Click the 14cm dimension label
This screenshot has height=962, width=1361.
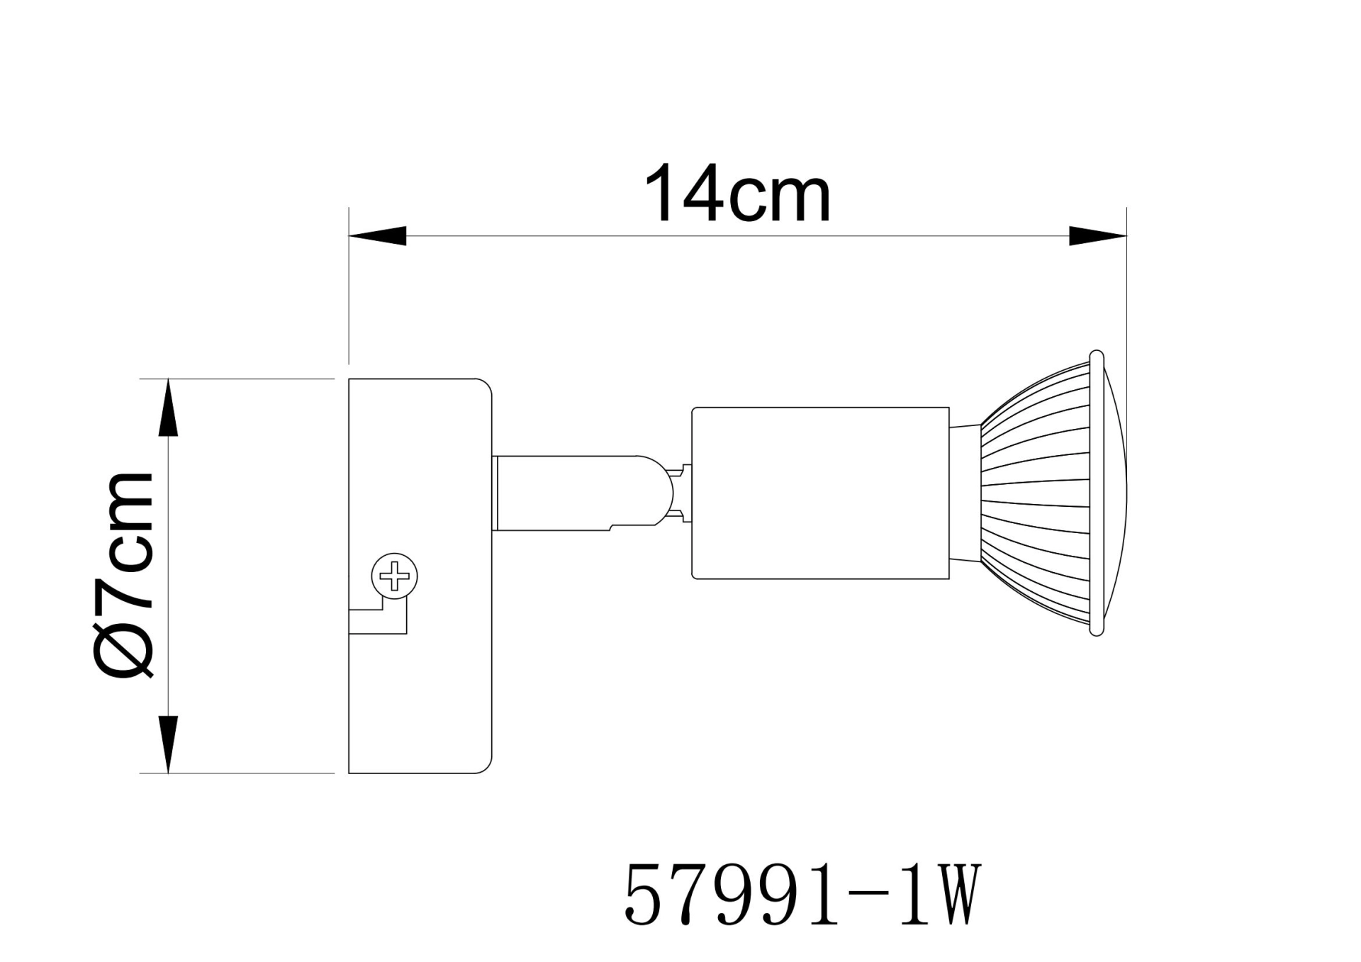[x=737, y=194]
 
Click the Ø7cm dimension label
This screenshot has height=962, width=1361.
[x=124, y=574]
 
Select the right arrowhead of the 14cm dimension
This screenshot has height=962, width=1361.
[x=1097, y=236]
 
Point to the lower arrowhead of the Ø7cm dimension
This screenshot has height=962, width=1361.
[x=168, y=744]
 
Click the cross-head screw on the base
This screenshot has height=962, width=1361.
[x=395, y=576]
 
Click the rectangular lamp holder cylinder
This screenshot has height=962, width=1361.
[x=820, y=493]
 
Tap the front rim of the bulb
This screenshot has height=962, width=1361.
[x=1097, y=493]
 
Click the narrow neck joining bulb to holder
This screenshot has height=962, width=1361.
[x=964, y=493]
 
